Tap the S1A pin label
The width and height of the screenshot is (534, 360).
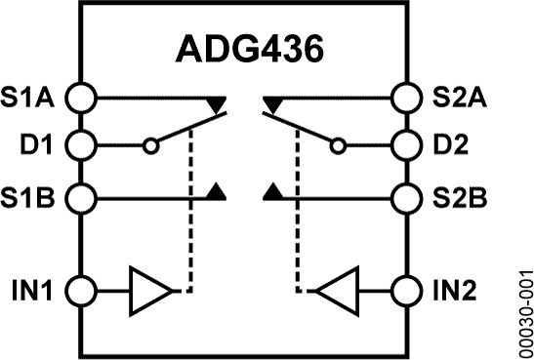point(30,97)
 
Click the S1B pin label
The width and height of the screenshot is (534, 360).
point(30,198)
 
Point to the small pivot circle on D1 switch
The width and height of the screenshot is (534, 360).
point(149,147)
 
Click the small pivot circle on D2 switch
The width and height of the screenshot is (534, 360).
point(338,147)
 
